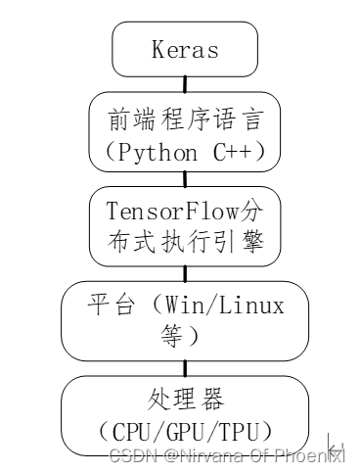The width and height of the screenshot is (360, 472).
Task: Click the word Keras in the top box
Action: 185,48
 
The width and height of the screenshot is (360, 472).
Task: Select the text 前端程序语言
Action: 185,118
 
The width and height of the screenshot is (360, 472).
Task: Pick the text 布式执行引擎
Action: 185,243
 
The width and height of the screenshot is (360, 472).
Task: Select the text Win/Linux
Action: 224,306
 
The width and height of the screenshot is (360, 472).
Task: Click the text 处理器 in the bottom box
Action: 185,400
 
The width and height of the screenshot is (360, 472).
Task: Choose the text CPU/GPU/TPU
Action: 185,430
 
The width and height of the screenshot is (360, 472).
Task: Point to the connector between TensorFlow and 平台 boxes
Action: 185,273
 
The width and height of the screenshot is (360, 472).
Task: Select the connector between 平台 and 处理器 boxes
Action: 185,367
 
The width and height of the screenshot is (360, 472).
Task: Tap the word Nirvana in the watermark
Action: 206,455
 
